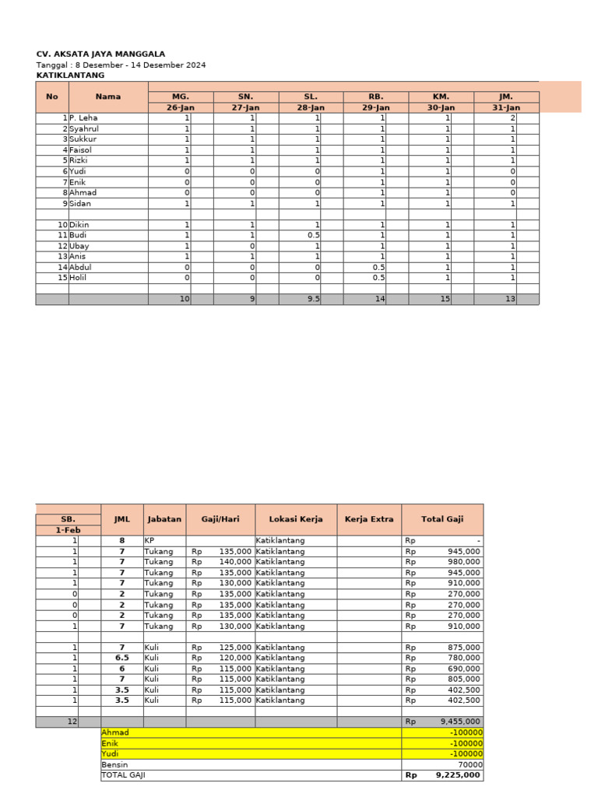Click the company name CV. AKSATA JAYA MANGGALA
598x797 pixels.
pyautogui.click(x=100, y=54)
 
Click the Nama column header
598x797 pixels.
pyautogui.click(x=108, y=97)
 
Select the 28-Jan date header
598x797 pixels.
pyautogui.click(x=311, y=107)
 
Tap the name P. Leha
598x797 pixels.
pyautogui.click(x=83, y=118)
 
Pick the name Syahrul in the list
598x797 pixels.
pyautogui.click(x=85, y=128)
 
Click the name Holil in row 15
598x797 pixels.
pyautogui.click(x=79, y=277)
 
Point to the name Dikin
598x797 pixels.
pyautogui.click(x=79, y=224)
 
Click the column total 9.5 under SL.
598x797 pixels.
pyautogui.click(x=313, y=299)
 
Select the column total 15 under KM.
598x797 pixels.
pyautogui.click(x=445, y=299)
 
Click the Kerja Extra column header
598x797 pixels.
pyautogui.click(x=369, y=519)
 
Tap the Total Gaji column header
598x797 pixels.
pyautogui.click(x=442, y=519)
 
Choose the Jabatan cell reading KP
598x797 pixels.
pyautogui.click(x=149, y=540)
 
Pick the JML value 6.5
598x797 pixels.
pyautogui.click(x=121, y=658)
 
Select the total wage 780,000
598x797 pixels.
pyautogui.click(x=463, y=658)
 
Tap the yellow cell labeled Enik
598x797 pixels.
pyautogui.click(x=111, y=743)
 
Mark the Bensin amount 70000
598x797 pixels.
pyautogui.click(x=467, y=764)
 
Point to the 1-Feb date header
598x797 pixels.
pyautogui.click(x=68, y=530)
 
